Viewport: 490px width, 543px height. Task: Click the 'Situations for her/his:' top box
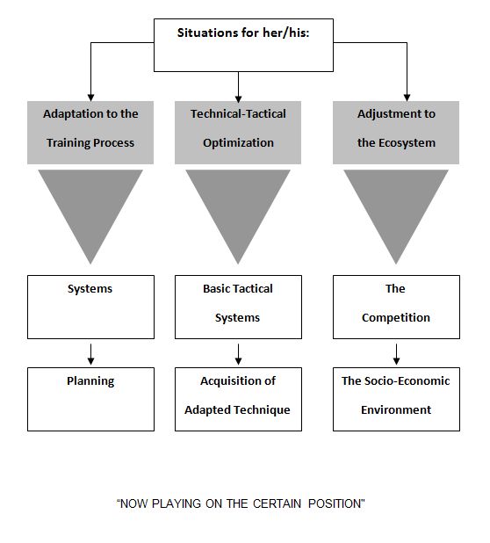pos(243,45)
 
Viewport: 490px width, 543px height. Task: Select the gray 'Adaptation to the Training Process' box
pos(90,133)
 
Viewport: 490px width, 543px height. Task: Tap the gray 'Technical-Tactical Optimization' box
pos(238,133)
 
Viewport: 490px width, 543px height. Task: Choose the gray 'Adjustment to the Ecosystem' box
pos(396,133)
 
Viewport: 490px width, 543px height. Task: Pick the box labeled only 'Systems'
pos(90,307)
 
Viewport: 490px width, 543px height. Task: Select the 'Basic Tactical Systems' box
pos(238,307)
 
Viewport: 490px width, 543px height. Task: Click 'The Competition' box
pos(396,307)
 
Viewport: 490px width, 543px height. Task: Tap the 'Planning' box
pos(90,399)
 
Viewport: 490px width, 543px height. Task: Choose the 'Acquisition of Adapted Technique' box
pos(238,399)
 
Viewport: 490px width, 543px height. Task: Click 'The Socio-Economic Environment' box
pos(396,399)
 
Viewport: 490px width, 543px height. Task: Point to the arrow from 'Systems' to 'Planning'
pos(90,354)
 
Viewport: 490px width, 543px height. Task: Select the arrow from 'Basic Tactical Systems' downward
pos(238,354)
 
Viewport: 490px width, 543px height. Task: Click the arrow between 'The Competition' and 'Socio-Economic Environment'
pos(396,354)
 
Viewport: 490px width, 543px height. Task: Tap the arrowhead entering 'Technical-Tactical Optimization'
pos(238,98)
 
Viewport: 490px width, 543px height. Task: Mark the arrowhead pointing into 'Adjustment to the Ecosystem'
pos(407,98)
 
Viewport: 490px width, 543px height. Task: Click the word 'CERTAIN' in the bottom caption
pos(277,503)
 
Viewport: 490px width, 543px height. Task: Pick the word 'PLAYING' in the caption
pos(177,503)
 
